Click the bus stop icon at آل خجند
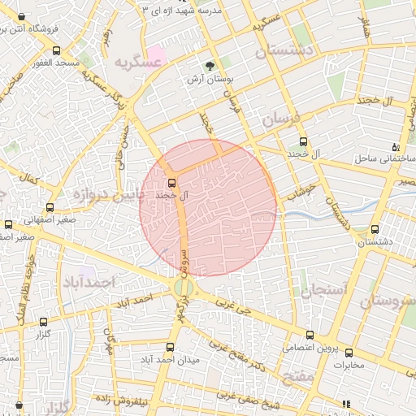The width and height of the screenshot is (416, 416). coord(171,182)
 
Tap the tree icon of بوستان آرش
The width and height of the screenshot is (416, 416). coord(210,67)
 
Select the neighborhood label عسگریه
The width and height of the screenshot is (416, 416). coord(134,63)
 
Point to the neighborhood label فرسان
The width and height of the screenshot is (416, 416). coord(281,119)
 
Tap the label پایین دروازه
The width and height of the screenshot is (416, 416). coord(107,195)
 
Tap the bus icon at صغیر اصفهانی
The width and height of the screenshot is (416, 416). coord(50,208)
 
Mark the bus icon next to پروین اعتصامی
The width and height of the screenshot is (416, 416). coord(310,335)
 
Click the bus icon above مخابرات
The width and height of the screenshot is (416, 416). coord(349,353)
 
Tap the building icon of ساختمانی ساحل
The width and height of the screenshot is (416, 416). coord(395,147)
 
